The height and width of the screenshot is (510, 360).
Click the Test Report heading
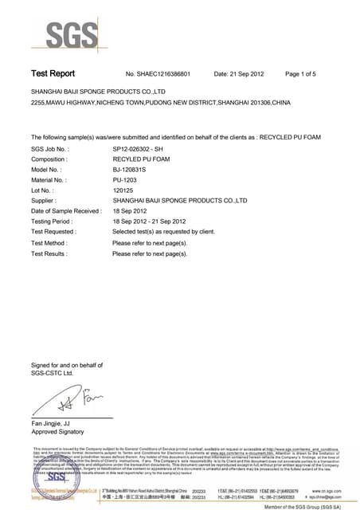pos(53,74)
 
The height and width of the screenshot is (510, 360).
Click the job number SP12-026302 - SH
pos(148,149)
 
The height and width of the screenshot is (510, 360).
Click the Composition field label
pos(50,159)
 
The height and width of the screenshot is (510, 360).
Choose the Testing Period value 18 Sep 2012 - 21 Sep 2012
pos(149,222)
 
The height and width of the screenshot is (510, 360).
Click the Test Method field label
pos(49,242)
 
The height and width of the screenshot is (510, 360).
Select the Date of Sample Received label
pos(66,211)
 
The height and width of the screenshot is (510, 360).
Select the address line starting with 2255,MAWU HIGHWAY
pos(167,104)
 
